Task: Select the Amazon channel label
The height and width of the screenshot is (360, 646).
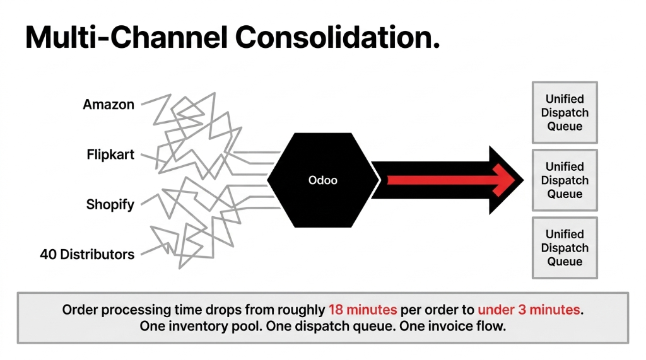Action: click(109, 105)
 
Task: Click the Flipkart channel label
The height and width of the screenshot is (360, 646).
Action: click(110, 154)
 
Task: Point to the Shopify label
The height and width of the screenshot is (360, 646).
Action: click(110, 205)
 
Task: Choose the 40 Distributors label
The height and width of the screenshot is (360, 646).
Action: click(87, 255)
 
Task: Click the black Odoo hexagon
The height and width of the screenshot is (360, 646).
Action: click(322, 180)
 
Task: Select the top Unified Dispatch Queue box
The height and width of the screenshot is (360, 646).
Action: click(565, 112)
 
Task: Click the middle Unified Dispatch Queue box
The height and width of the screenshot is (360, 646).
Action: click(565, 180)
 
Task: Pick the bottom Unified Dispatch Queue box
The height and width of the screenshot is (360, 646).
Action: click(565, 248)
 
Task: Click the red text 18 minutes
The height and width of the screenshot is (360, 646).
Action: click(362, 310)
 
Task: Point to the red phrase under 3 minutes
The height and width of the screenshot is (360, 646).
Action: click(528, 310)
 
